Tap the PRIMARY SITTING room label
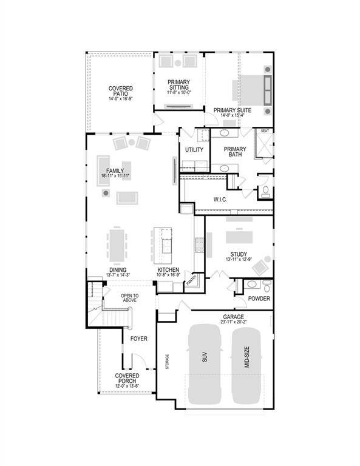pos(178,86)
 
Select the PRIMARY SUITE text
pos(233,110)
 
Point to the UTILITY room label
pos(194,149)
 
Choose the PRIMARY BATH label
pos(235,152)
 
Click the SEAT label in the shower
pos(265,130)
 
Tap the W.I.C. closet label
pos(220,199)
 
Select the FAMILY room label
pos(115,171)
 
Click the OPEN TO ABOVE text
pos(128,298)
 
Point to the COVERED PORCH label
pos(127,379)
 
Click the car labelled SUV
pos(205,364)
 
